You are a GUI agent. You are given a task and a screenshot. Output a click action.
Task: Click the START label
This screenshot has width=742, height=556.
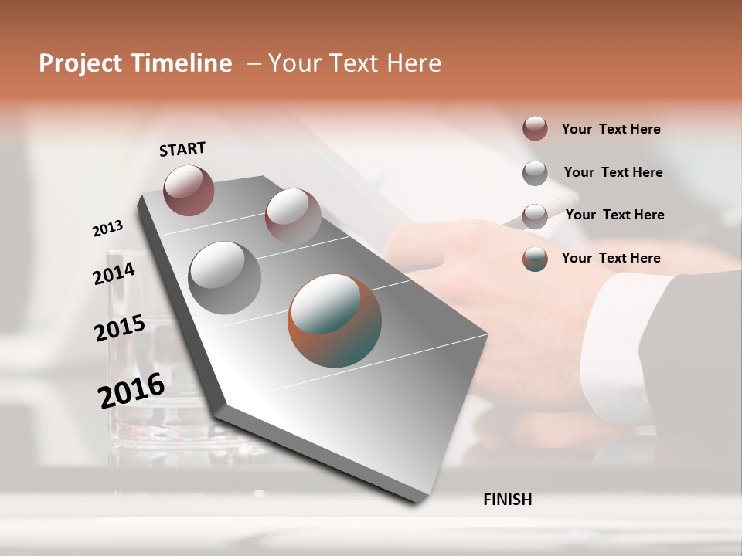pyautogui.click(x=182, y=148)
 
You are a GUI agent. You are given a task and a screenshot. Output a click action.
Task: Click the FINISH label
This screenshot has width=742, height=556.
pyautogui.click(x=507, y=500)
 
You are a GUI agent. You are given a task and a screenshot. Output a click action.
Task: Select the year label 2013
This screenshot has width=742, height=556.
pyautogui.click(x=107, y=229)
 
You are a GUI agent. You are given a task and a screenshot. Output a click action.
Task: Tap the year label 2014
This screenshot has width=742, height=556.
pyautogui.click(x=114, y=273)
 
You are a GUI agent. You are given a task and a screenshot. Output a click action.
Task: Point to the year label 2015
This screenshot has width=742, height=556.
pyautogui.click(x=120, y=328)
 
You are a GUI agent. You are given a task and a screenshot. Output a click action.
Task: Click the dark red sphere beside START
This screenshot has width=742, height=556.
pyautogui.click(x=189, y=190)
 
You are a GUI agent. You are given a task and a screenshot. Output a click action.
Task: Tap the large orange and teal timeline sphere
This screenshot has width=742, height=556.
pyautogui.click(x=335, y=320)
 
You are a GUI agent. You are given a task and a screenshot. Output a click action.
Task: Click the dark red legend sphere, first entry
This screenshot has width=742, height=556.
pyautogui.click(x=535, y=128)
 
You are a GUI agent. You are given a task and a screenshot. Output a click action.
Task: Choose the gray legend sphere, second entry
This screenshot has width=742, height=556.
pyautogui.click(x=535, y=173)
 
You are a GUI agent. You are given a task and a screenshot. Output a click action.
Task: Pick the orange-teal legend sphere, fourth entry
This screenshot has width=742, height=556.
pyautogui.click(x=535, y=259)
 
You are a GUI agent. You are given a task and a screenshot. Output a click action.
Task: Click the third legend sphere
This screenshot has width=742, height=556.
pyautogui.click(x=535, y=216)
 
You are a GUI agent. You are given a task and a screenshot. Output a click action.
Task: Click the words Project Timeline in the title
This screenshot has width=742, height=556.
pyautogui.click(x=135, y=63)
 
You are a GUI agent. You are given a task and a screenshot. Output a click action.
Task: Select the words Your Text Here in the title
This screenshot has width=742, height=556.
pyautogui.click(x=355, y=63)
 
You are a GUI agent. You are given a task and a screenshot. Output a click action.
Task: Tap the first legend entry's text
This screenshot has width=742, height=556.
pyautogui.click(x=611, y=129)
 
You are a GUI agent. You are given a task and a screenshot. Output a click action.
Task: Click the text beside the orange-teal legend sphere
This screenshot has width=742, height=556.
pyautogui.click(x=611, y=258)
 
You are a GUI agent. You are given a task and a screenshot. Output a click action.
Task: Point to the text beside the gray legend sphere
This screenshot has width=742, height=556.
pyautogui.click(x=613, y=172)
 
